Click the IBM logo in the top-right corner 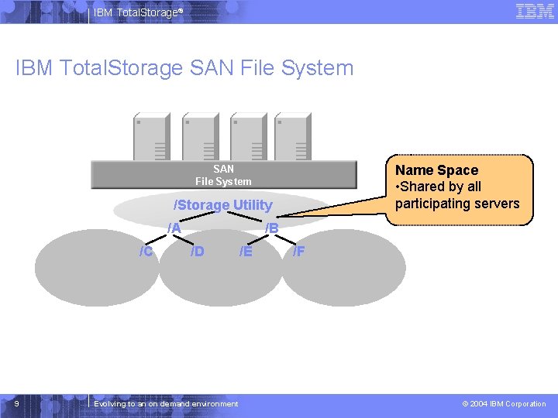tap(534, 12)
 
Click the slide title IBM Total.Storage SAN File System tap(184, 68)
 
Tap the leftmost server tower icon tap(152, 136)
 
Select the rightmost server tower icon tap(291, 136)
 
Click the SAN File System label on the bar tap(223, 175)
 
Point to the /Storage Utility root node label tap(223, 205)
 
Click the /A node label tap(174, 228)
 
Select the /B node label tap(271, 228)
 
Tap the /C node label tap(145, 251)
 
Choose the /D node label tap(198, 251)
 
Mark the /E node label tap(246, 251)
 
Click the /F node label tap(298, 251)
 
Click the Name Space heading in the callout tap(436, 170)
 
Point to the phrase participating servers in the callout tap(457, 204)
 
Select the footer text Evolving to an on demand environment tap(166, 404)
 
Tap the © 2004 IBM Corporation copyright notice tap(504, 404)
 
